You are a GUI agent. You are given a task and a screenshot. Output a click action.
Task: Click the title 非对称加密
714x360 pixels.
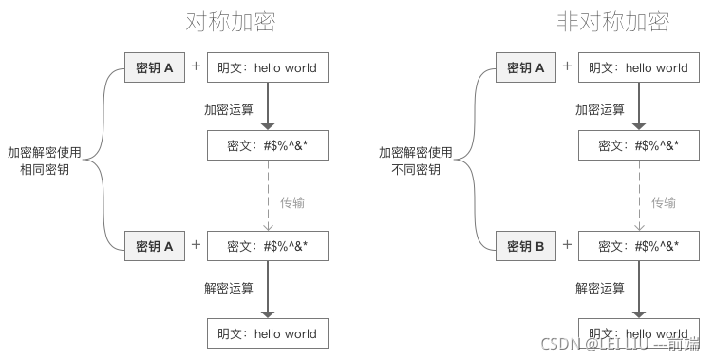(613, 22)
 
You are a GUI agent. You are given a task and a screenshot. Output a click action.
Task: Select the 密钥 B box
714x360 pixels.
(525, 246)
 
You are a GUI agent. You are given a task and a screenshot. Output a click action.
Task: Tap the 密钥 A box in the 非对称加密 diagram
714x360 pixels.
(525, 67)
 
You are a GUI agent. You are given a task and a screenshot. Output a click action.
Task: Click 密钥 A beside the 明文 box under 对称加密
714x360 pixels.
(154, 67)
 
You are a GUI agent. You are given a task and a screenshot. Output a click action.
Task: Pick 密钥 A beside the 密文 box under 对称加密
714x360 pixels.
(154, 246)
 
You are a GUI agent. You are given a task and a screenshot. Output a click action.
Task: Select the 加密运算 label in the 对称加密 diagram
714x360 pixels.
(229, 109)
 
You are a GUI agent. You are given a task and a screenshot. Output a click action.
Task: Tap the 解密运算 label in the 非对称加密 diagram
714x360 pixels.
(600, 288)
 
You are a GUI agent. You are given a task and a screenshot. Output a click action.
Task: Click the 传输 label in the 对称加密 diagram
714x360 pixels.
(292, 202)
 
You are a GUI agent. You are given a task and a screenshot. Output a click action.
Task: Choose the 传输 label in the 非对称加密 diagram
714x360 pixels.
(664, 202)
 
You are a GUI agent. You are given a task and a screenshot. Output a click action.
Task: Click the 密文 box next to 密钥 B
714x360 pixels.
(638, 246)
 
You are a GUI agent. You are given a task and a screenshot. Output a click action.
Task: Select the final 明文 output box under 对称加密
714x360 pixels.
(267, 333)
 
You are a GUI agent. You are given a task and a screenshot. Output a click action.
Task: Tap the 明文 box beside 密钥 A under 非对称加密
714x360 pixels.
(638, 67)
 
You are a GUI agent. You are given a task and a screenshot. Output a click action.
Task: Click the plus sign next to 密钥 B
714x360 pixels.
(567, 244)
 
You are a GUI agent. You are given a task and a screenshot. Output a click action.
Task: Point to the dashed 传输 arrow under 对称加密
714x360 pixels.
(268, 196)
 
